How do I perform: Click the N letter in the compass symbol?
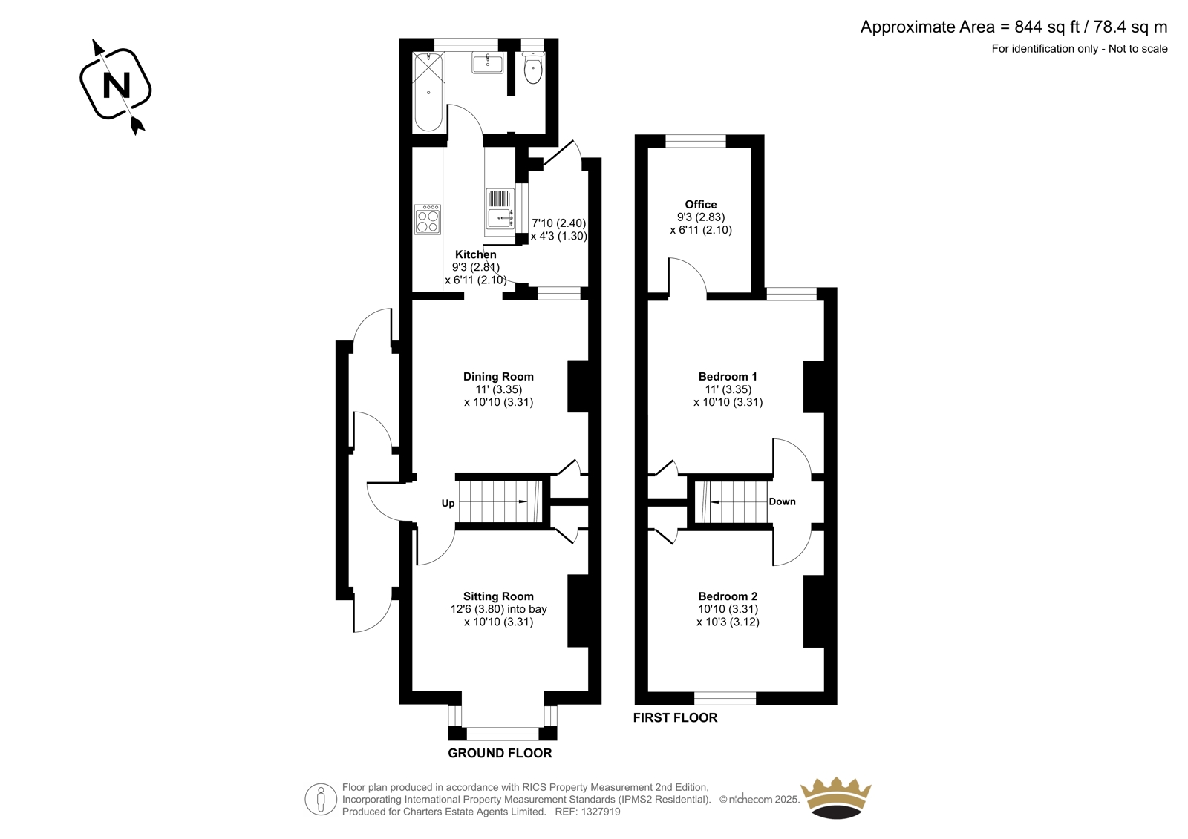(116, 85)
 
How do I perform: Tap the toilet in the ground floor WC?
(532, 68)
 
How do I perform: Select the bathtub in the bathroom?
(428, 92)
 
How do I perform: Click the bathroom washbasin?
(487, 64)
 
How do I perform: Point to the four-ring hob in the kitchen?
(428, 220)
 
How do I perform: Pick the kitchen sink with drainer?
(500, 213)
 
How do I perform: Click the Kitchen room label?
(476, 254)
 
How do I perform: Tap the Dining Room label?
(498, 376)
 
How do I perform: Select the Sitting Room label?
(498, 596)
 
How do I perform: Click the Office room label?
(701, 204)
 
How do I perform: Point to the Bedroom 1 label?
(728, 376)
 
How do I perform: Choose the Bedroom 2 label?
(728, 596)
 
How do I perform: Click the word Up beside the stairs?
(448, 504)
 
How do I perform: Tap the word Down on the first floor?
(783, 501)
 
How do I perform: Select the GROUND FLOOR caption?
(500, 753)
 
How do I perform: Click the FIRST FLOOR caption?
(675, 717)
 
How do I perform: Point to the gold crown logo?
(836, 797)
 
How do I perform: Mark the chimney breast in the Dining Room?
(578, 386)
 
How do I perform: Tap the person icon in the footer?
(321, 799)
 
